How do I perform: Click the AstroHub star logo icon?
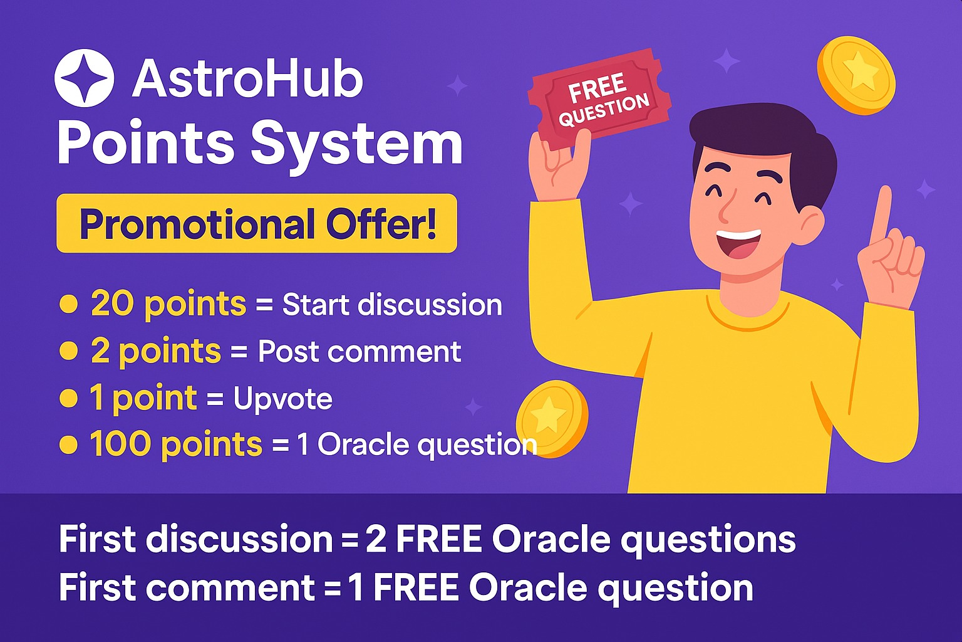(84, 78)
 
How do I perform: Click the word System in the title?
(356, 144)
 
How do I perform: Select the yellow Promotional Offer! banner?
(257, 223)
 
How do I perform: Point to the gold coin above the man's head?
(856, 75)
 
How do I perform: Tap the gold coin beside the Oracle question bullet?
(552, 418)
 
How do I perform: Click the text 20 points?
(168, 305)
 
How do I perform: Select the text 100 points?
(175, 445)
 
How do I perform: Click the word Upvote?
(282, 399)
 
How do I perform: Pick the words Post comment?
(359, 352)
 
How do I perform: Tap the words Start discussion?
(392, 305)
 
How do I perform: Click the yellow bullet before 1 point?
(68, 398)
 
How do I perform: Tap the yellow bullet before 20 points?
(68, 305)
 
